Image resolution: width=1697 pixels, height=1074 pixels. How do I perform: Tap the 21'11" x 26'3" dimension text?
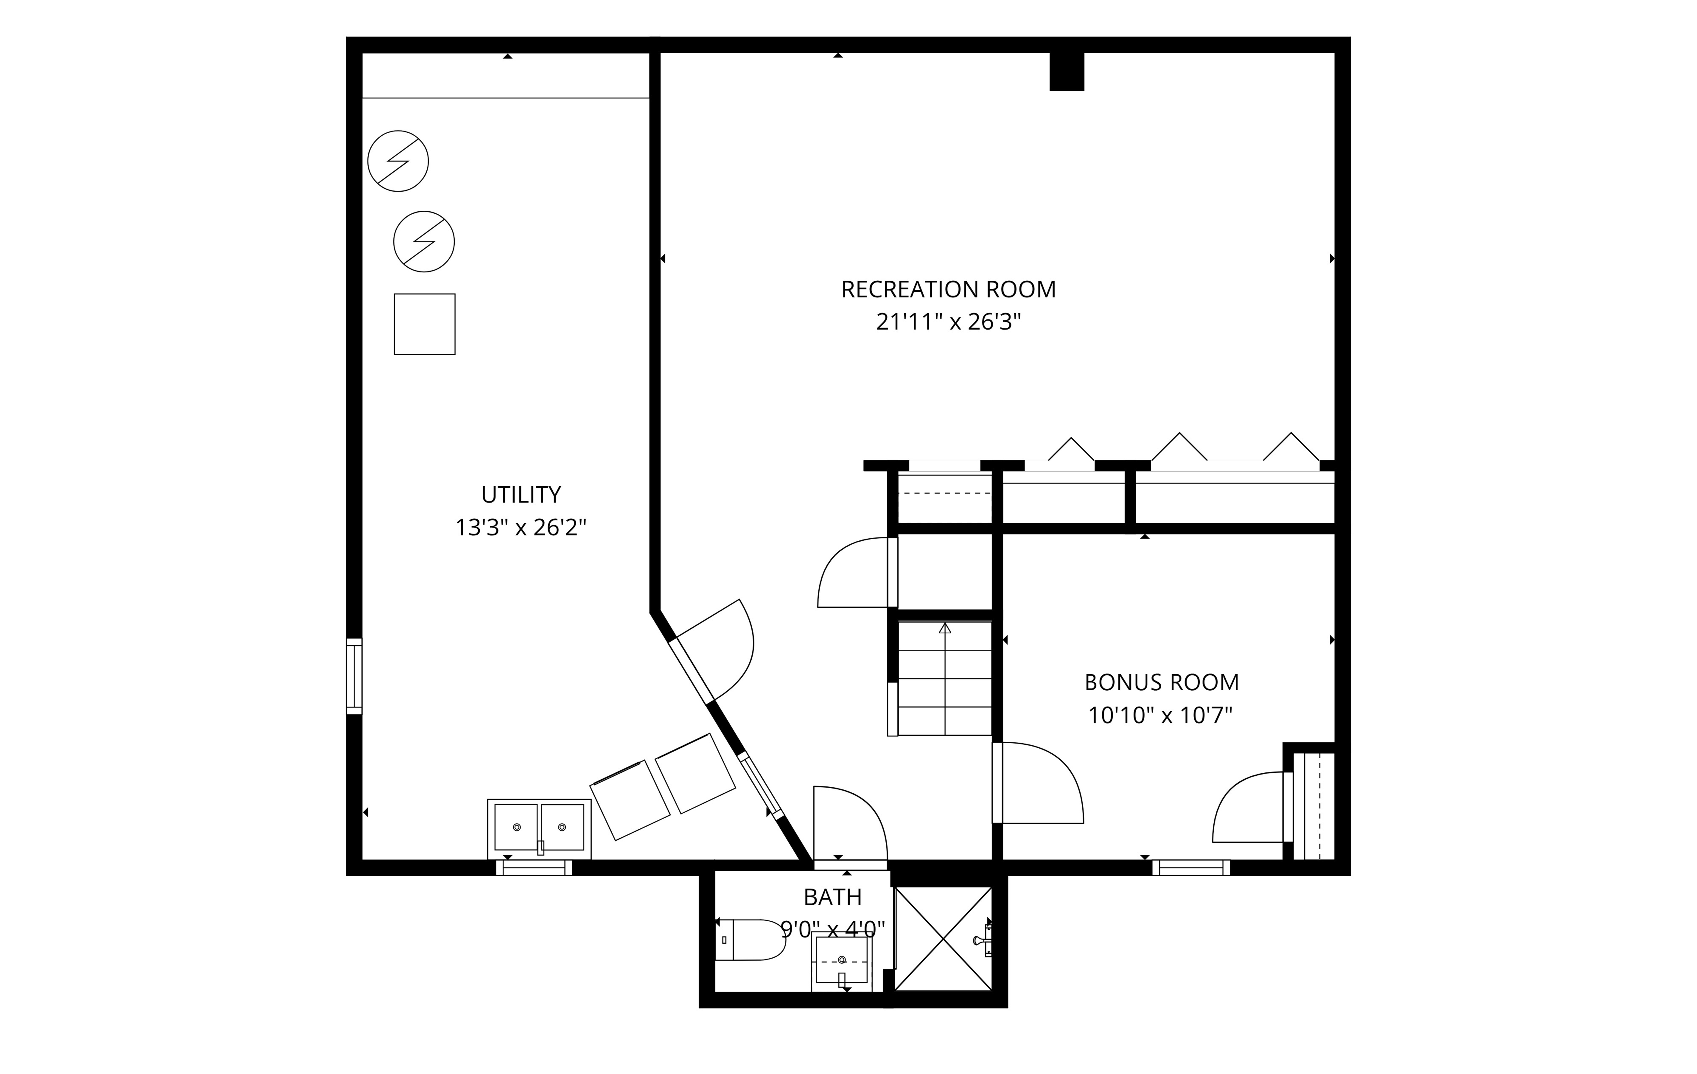click(x=949, y=322)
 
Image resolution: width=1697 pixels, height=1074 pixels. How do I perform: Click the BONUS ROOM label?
click(x=1161, y=682)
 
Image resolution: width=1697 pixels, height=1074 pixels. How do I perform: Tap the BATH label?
click(x=832, y=897)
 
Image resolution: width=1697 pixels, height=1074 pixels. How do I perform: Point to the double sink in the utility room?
click(x=539, y=829)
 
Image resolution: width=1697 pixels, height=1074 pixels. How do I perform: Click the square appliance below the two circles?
click(x=424, y=324)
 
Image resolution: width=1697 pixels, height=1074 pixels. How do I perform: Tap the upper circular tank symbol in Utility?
click(x=398, y=161)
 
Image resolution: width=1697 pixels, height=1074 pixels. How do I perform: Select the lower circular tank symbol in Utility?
click(x=424, y=242)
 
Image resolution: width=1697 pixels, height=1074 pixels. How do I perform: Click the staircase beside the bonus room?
click(x=944, y=678)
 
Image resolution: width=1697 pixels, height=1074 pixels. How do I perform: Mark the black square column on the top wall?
click(x=1066, y=71)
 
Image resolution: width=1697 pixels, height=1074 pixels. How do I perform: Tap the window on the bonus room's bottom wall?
click(x=1191, y=867)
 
